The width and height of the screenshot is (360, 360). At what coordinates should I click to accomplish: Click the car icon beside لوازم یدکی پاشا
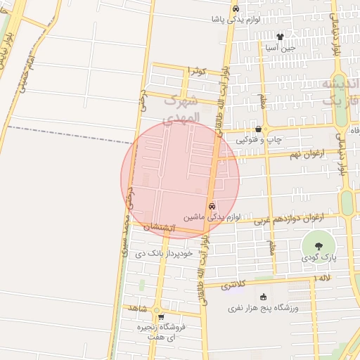pos(236,8)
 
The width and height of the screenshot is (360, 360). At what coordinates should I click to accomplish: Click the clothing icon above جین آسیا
pos(280,37)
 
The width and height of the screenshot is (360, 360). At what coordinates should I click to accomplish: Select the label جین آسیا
pos(280,49)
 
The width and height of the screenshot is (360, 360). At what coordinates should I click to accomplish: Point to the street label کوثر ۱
pos(197,72)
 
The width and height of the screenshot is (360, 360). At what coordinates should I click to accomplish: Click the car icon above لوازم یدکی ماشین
pos(212,206)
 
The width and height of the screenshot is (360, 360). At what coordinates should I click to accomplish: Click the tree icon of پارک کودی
pos(319,246)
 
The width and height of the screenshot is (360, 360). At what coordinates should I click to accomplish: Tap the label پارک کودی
pos(319,258)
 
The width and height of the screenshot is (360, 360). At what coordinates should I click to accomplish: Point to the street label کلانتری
pos(234,285)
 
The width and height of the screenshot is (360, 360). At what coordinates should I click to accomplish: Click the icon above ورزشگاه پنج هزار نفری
pos(264,297)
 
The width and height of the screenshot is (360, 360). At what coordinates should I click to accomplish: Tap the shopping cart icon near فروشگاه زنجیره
pos(161,316)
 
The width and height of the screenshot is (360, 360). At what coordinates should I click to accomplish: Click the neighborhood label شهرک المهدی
pos(181,109)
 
